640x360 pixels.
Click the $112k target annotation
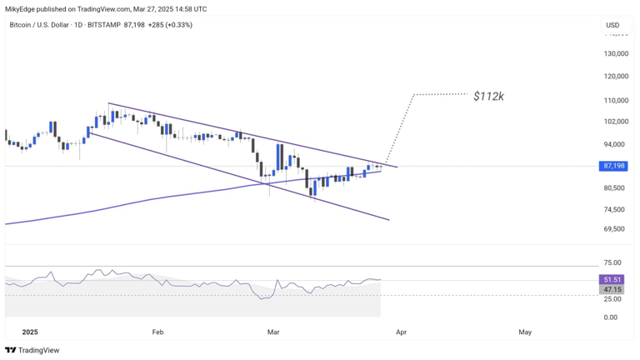point(488,96)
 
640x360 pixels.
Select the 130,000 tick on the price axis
point(616,54)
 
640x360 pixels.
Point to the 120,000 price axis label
point(616,77)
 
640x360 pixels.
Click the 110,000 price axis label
point(616,100)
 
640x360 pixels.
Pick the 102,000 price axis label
point(616,122)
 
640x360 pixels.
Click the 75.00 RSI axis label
point(612,262)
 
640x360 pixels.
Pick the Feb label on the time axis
point(157,332)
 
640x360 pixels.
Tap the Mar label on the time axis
point(273,332)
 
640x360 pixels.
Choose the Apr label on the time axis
point(401,332)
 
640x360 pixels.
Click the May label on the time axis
point(525,332)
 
